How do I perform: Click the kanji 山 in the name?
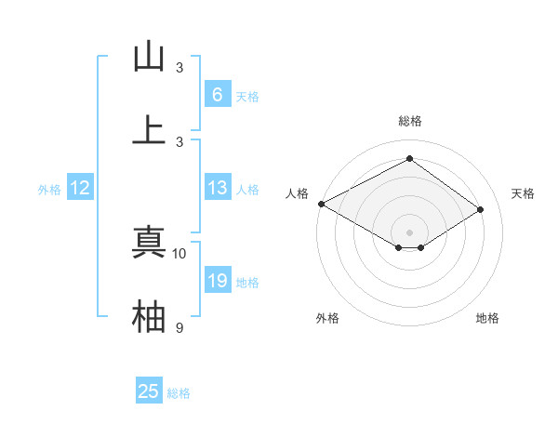(149, 57)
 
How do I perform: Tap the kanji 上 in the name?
(149, 130)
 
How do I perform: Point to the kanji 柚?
(149, 317)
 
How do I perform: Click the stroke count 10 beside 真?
(179, 253)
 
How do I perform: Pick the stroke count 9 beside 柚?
(179, 327)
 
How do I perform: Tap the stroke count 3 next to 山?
(179, 68)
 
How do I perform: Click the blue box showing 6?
(217, 94)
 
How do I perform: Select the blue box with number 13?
(217, 188)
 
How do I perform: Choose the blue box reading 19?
(217, 281)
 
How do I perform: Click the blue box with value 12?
(80, 188)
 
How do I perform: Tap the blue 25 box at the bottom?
(149, 391)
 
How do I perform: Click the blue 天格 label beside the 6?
(247, 96)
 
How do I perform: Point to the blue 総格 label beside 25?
(179, 393)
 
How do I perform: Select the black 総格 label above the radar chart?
(410, 121)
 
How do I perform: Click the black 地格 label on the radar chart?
(487, 318)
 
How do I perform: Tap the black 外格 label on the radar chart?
(327, 318)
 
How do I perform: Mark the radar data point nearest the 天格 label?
(481, 210)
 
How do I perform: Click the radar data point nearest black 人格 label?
(321, 204)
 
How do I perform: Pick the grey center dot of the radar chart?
(410, 232)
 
